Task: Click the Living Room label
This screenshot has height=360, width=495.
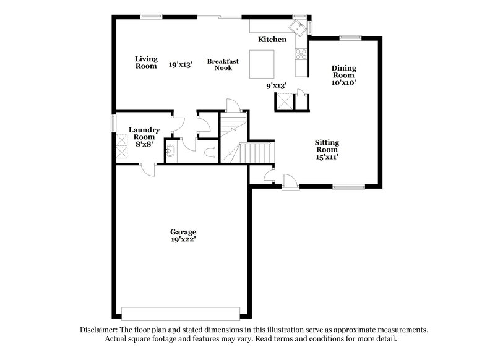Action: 146,62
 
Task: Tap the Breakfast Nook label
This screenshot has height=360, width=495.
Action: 223,64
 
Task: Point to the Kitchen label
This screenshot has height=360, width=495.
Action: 272,40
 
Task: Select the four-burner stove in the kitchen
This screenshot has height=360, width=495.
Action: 303,54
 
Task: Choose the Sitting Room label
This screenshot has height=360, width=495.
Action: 327,146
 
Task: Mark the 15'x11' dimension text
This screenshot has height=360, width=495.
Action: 327,157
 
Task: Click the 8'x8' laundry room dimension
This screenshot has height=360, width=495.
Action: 144,144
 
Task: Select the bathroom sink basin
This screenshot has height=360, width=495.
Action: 171,151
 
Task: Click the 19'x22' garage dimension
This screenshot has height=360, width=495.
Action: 184,239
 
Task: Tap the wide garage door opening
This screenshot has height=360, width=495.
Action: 180,312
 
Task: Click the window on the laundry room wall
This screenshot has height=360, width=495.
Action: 113,122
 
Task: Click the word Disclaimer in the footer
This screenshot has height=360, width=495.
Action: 99,330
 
